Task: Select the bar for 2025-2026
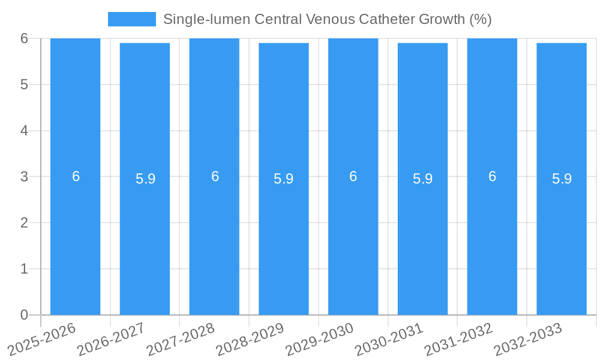pyautogui.click(x=75, y=240)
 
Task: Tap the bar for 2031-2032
pyautogui.click(x=492, y=240)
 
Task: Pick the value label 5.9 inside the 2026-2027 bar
pyautogui.click(x=145, y=179)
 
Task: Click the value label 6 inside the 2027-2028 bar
pyautogui.click(x=215, y=176)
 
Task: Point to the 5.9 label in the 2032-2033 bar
pyautogui.click(x=562, y=179)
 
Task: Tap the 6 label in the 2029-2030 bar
pyautogui.click(x=353, y=176)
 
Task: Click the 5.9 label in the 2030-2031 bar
pyautogui.click(x=422, y=179)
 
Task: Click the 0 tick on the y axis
pyautogui.click(x=24, y=315)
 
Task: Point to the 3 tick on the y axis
pyautogui.click(x=24, y=176)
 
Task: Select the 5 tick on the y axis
pyautogui.click(x=24, y=85)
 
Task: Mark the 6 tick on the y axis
pyautogui.click(x=24, y=38)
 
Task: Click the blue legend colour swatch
pyautogui.click(x=131, y=19)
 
